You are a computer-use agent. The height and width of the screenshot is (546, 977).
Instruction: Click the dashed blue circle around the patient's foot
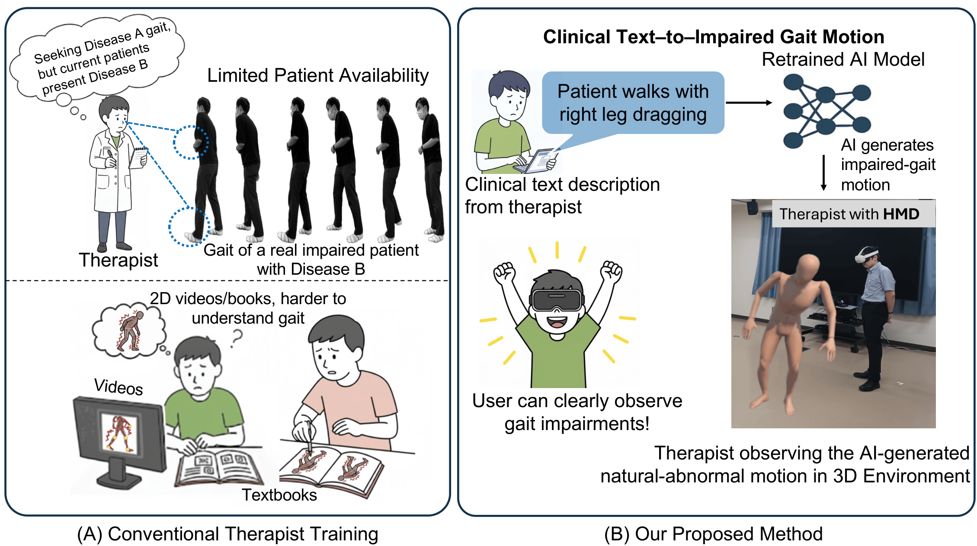(189, 227)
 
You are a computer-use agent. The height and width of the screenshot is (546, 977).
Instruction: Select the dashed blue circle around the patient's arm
(191, 142)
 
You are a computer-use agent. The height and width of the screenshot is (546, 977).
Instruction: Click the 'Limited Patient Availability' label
(318, 76)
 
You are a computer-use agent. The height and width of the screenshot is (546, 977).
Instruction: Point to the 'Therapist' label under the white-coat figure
(119, 260)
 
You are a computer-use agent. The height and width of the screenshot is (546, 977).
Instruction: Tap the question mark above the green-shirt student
(236, 338)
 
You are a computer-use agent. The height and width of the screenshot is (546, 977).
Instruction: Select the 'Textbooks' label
(279, 495)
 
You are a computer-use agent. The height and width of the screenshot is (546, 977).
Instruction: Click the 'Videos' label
(119, 386)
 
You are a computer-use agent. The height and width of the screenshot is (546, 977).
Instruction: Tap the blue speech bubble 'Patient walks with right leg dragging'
(633, 103)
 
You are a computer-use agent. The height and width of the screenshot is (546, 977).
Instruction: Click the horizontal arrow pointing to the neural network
(749, 103)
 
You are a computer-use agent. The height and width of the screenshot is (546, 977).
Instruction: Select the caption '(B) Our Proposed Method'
(713, 534)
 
